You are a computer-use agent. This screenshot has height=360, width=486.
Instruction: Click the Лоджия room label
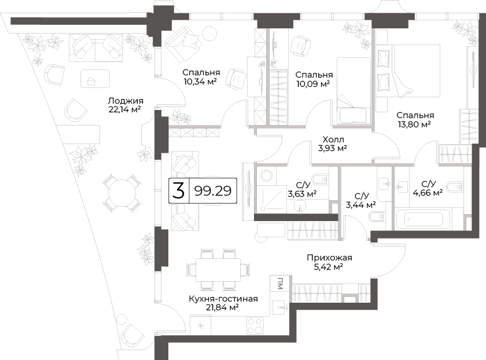click(126, 101)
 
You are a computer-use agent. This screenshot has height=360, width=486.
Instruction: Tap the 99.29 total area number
click(213, 190)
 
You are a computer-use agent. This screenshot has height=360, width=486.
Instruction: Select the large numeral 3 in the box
click(179, 190)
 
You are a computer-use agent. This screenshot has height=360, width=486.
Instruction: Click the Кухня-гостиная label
click(223, 299)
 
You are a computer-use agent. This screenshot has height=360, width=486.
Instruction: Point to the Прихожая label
click(329, 258)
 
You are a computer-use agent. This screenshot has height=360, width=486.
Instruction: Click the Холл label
click(333, 139)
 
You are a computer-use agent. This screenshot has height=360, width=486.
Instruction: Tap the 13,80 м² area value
click(414, 124)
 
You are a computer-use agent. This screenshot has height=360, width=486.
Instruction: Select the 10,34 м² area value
click(200, 82)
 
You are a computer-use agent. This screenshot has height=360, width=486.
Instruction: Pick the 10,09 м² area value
click(313, 84)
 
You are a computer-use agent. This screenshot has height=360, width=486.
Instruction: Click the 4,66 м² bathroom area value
click(428, 193)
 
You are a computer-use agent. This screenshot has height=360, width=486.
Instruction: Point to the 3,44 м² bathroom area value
click(361, 205)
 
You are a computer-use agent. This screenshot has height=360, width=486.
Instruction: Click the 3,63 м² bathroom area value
click(302, 194)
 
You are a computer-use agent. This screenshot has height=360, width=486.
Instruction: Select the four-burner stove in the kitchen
click(255, 326)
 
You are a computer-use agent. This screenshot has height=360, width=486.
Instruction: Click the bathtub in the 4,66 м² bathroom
click(424, 219)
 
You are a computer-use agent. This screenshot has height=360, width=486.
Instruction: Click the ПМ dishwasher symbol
click(280, 283)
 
